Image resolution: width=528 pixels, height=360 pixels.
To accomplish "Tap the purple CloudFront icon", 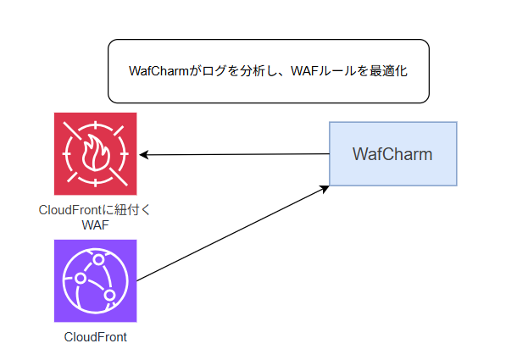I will (95, 280).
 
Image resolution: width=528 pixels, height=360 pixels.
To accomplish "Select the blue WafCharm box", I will (392, 154).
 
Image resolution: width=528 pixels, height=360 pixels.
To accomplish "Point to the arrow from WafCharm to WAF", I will (237, 154).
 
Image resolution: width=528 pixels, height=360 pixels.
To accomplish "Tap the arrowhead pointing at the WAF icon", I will (144, 155).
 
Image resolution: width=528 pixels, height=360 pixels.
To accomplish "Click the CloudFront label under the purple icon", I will (95, 337).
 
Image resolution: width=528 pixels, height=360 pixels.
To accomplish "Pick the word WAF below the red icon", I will (95, 225).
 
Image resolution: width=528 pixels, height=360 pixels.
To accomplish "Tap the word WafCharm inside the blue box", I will (392, 154).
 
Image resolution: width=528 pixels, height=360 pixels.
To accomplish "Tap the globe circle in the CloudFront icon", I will (95, 280).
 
